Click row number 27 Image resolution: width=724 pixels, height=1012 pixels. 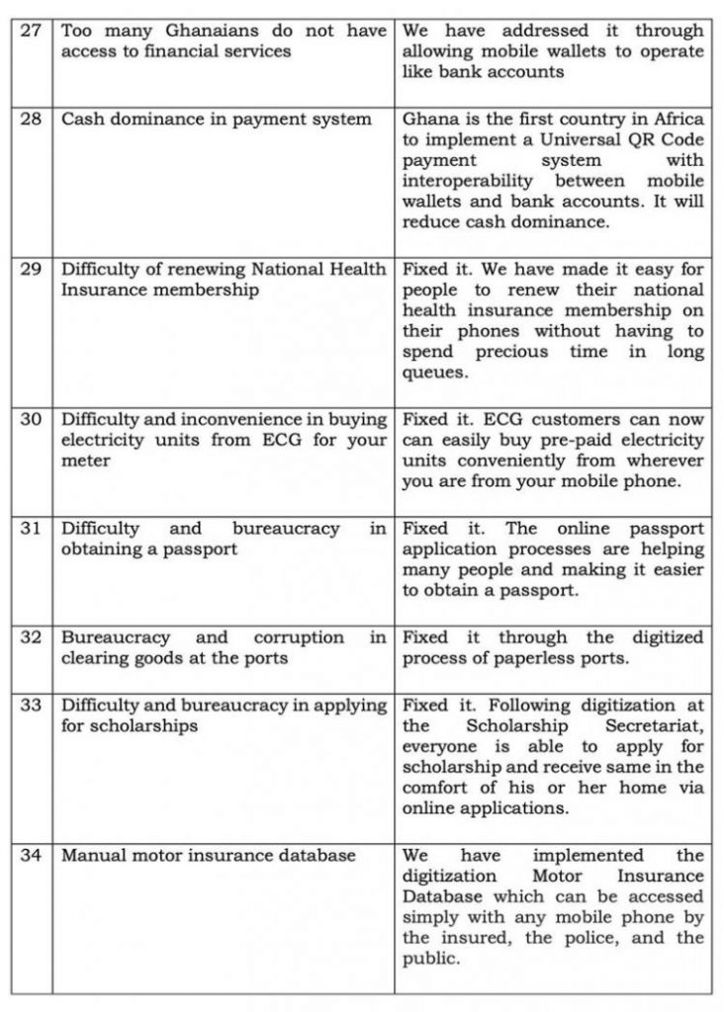pyautogui.click(x=31, y=32)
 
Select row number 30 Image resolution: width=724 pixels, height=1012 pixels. pyautogui.click(x=31, y=420)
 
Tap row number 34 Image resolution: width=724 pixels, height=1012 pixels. pyautogui.click(x=31, y=856)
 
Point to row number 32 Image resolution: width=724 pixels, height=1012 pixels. pyautogui.click(x=31, y=638)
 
